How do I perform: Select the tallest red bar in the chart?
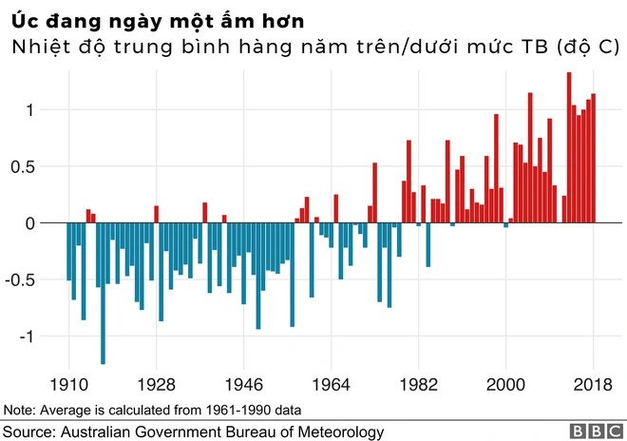click(569, 147)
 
